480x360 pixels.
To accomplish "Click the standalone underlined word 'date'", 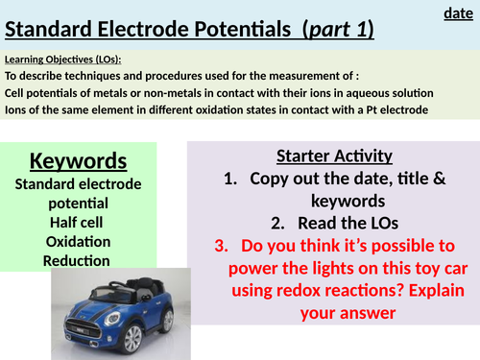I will click(x=457, y=13).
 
